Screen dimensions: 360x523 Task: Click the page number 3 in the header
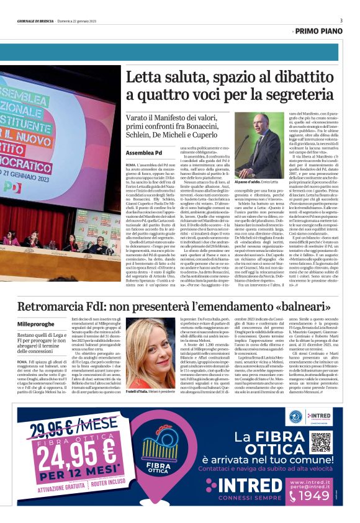click(341, 20)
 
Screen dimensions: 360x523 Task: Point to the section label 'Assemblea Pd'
click(143, 153)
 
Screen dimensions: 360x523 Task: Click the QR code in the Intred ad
click(320, 441)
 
